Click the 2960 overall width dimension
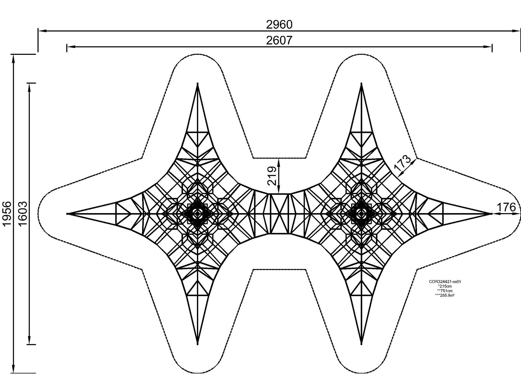pos(279,25)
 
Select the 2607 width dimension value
pos(279,40)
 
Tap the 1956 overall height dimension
pos(7,213)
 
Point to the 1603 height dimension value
pos(23,213)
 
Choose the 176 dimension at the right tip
pos(506,207)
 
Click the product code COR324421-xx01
pos(445,282)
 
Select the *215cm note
pos(445,286)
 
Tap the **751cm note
pos(445,291)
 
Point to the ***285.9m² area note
pos(445,295)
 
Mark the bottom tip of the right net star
pos(361,344)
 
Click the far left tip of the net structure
pos(67,213)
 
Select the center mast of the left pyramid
pos(198,213)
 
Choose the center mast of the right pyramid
pos(361,213)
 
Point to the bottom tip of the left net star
pos(198,344)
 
